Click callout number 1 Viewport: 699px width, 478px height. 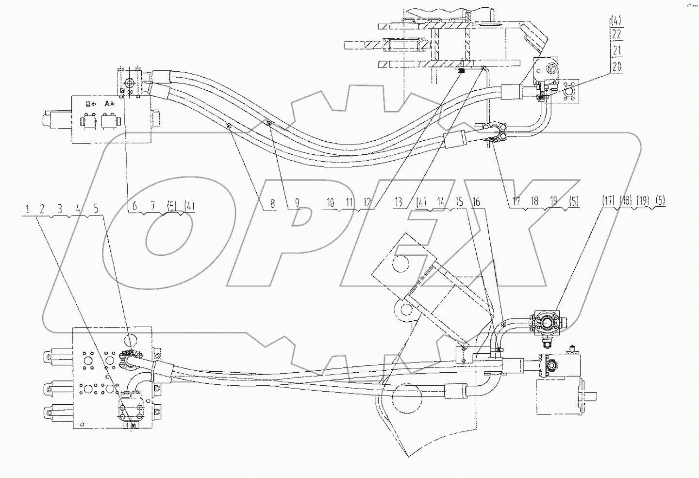[x=28, y=209]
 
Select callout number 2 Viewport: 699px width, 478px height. [x=43, y=209]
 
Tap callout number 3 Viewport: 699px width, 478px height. [x=60, y=209]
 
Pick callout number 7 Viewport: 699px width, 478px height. [x=152, y=206]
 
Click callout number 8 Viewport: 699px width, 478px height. [x=273, y=203]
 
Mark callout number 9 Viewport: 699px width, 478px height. [x=297, y=203]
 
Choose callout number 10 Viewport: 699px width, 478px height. [x=331, y=202]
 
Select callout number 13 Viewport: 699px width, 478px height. [x=398, y=202]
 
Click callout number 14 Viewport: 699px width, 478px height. [x=441, y=201]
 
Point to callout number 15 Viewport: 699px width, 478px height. [x=459, y=201]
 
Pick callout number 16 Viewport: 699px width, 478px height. [x=476, y=201]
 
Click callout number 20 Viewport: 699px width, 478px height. [x=616, y=66]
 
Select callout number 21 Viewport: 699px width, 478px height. [x=616, y=50]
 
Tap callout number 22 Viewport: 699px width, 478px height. [x=616, y=34]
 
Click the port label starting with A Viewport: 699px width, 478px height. [x=109, y=103]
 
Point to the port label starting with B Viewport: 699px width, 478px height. [x=90, y=103]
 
